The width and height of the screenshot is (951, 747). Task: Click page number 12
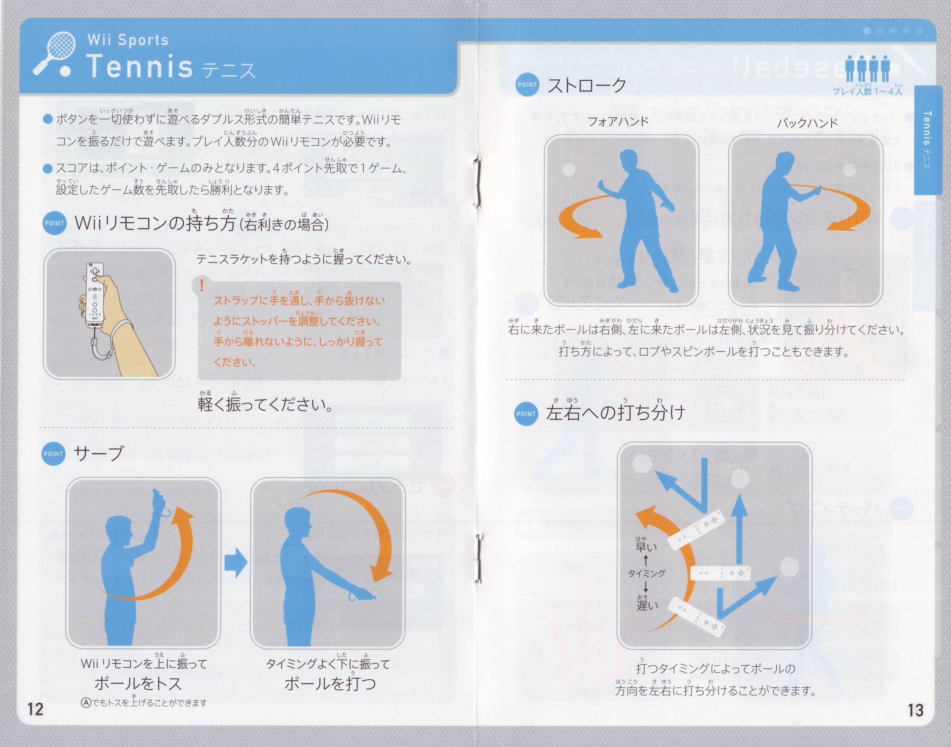click(36, 709)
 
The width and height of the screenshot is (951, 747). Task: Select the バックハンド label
click(807, 123)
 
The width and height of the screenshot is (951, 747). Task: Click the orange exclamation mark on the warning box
click(202, 286)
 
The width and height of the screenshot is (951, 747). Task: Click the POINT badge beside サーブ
click(53, 454)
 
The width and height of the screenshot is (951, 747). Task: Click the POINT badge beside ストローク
click(527, 84)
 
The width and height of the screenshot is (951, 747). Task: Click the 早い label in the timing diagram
click(646, 546)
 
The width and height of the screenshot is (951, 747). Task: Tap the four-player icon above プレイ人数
click(867, 69)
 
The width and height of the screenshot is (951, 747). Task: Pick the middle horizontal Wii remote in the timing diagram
click(720, 573)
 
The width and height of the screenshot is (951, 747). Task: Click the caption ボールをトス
click(138, 684)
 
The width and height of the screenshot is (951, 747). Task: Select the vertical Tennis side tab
click(926, 140)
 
